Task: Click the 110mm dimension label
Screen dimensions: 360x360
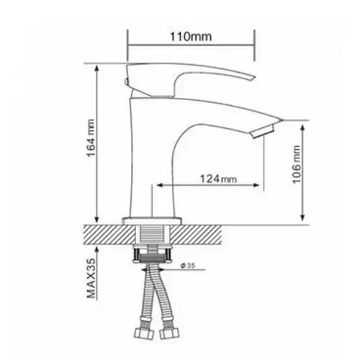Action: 191,37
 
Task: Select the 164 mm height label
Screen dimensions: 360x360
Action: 91,138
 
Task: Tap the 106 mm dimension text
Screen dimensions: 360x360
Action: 297,164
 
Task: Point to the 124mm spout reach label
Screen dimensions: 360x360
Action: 218,179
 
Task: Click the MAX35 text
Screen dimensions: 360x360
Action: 91,279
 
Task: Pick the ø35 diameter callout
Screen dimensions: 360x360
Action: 188,266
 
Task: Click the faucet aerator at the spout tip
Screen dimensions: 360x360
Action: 263,131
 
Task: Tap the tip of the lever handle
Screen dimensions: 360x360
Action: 254,78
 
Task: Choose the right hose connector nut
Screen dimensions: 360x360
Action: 169,333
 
